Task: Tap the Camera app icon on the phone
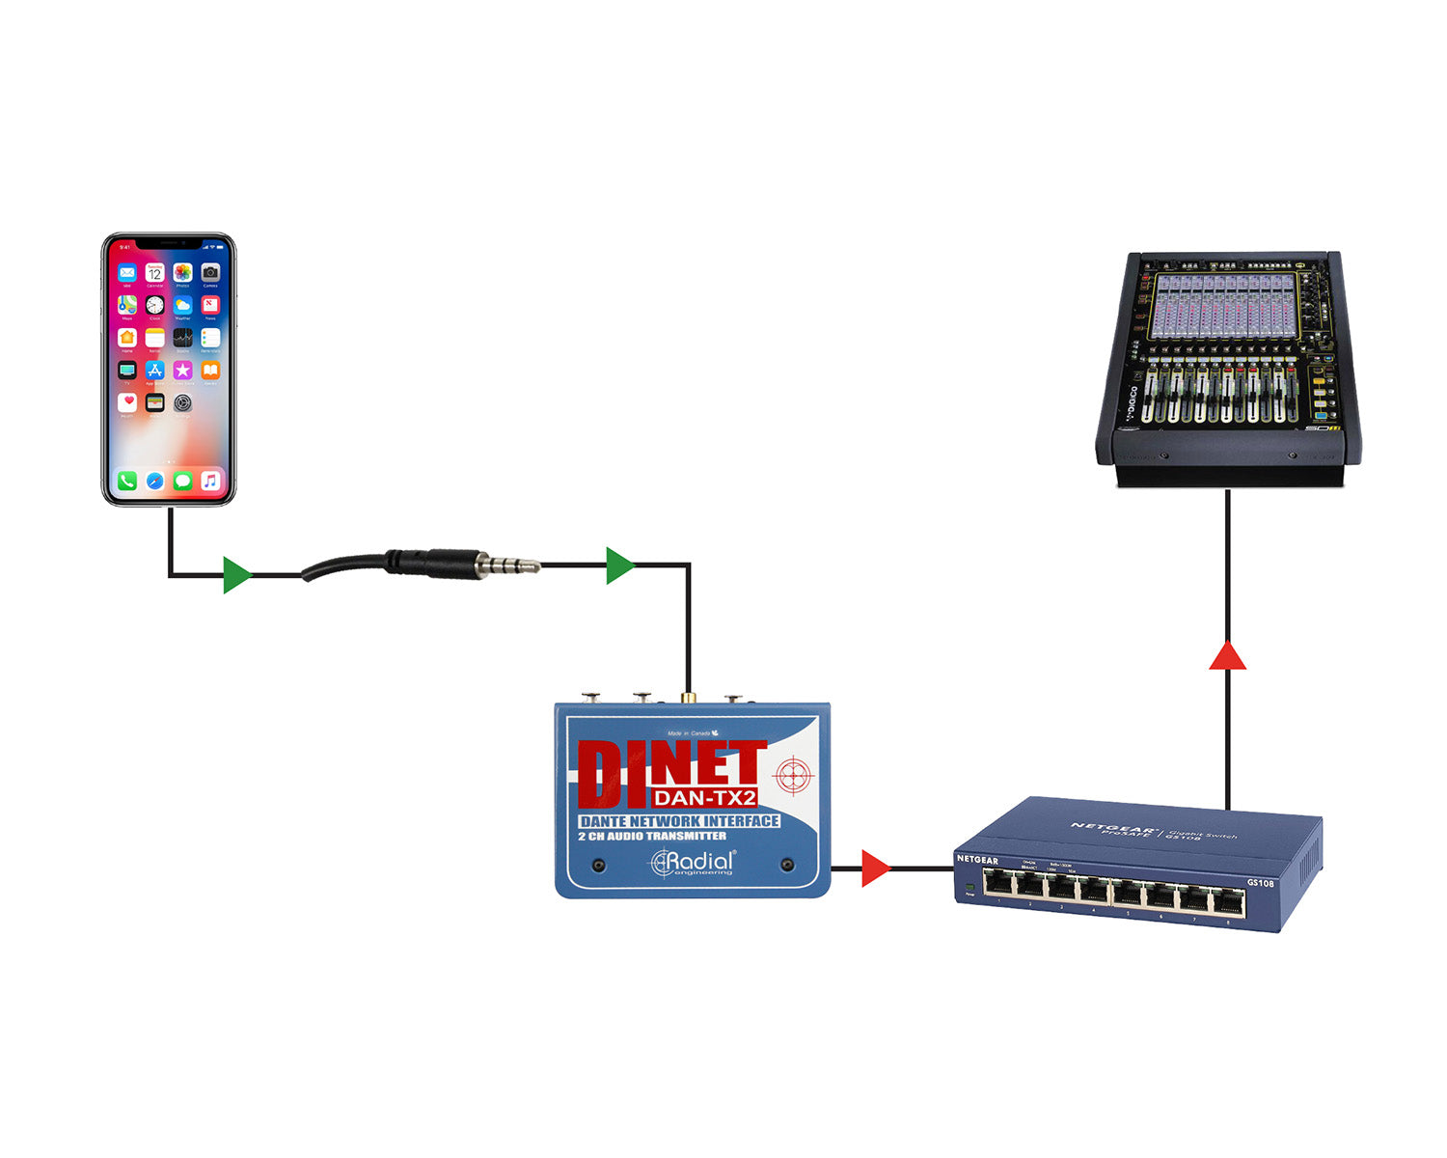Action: [210, 273]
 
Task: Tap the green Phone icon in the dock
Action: [127, 481]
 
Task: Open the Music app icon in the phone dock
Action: [210, 481]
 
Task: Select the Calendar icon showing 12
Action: [154, 273]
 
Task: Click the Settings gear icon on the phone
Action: [182, 402]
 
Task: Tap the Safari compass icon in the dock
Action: [154, 481]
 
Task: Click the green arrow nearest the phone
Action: [236, 575]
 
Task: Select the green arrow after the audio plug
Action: [620, 565]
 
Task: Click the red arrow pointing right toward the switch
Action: [875, 868]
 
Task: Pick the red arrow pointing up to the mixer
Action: [1227, 657]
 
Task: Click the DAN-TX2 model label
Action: [704, 798]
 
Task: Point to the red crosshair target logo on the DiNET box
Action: [793, 773]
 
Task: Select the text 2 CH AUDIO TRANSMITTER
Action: [652, 837]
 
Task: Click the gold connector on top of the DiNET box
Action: [687, 695]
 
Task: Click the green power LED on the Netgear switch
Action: [969, 885]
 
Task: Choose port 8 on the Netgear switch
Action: [1227, 903]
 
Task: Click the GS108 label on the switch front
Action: [1260, 883]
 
